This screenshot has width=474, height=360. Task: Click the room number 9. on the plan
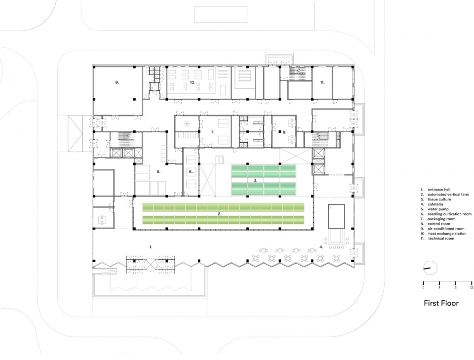point(117,83)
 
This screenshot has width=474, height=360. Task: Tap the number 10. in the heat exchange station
point(193,83)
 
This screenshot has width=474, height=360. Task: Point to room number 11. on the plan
point(322,83)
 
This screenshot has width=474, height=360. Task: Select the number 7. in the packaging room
point(213,132)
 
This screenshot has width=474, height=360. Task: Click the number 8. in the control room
point(284,132)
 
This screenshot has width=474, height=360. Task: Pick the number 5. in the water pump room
point(158,172)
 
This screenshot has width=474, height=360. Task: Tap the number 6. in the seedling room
point(190,172)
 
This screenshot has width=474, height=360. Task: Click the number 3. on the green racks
point(255,181)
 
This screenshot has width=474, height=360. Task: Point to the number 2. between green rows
point(219,214)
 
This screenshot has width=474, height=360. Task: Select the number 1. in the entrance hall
point(151,245)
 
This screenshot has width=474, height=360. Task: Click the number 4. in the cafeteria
point(320,246)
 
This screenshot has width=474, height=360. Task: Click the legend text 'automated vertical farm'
point(445,194)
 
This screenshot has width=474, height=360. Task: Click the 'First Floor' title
point(441,303)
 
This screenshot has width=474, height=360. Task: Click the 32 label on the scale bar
point(472,287)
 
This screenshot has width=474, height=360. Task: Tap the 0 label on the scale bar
point(423,287)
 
